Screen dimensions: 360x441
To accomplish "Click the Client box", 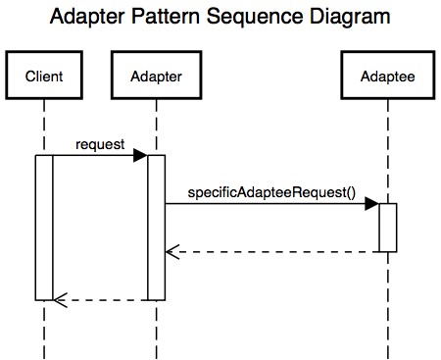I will (x=44, y=76).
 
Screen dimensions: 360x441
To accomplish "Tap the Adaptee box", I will (x=387, y=76).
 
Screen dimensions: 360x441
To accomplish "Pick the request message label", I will (x=99, y=144).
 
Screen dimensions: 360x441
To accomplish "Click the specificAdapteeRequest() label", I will (x=269, y=192).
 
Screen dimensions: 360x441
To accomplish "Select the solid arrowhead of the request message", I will (x=140, y=155).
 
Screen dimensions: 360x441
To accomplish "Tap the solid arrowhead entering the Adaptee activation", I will (x=371, y=203).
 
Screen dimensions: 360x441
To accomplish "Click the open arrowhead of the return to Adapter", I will (x=171, y=252).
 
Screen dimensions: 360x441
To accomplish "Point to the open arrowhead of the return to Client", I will (x=59, y=299).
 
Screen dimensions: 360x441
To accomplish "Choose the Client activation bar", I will (x=44, y=226).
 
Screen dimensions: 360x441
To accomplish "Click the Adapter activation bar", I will (x=157, y=226).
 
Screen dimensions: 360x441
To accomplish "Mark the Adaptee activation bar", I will (x=387, y=227).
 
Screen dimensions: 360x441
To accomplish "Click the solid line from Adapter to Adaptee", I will (x=265, y=204).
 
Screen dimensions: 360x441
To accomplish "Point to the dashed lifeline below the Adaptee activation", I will (x=387, y=304).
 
